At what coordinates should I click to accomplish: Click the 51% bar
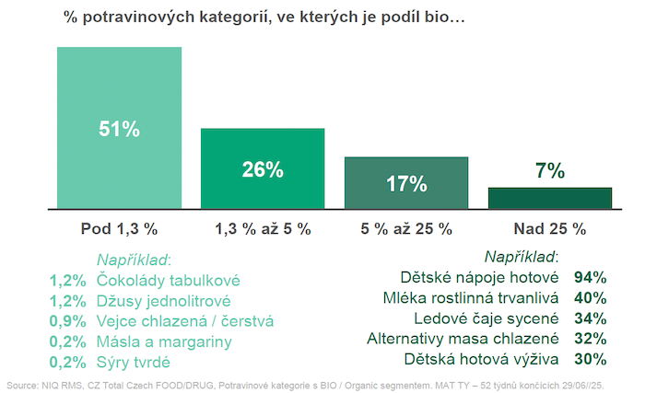coord(119,128)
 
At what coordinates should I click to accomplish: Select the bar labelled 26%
coord(263,169)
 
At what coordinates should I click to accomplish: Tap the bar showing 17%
coord(406,183)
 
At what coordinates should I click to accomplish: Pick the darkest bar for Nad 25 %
coord(549,199)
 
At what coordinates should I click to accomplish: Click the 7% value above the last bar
coord(549,170)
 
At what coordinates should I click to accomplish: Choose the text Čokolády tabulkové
coord(168,280)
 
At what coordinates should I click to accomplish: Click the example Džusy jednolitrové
coord(163,300)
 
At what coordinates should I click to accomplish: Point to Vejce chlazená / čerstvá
coord(184,321)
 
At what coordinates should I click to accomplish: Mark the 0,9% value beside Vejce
coord(69,321)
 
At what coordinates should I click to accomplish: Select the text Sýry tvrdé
coord(137,362)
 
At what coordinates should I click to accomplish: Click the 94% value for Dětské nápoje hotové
coord(589,276)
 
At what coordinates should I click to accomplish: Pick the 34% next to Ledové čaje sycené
coord(589,318)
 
